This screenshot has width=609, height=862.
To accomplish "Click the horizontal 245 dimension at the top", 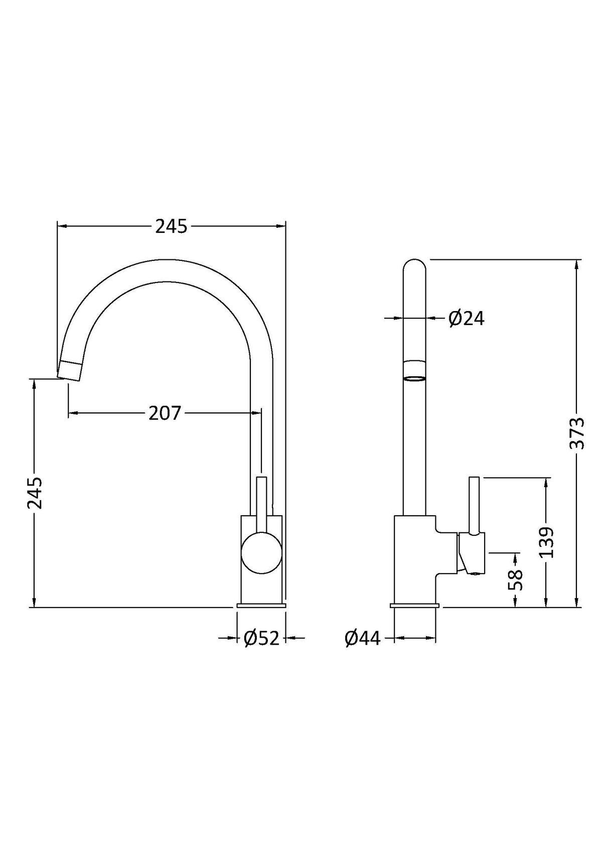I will click(x=171, y=227).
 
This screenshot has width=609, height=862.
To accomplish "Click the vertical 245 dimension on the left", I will click(x=35, y=493).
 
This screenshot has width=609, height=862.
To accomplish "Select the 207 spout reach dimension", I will click(x=165, y=413).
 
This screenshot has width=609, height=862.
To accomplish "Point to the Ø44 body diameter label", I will click(x=363, y=638).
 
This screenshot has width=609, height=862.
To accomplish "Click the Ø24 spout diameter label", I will click(x=466, y=318).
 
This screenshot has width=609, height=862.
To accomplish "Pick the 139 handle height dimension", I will click(x=546, y=542).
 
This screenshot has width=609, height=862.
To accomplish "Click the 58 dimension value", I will click(x=515, y=580).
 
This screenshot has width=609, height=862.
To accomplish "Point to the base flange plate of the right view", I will click(x=415, y=606).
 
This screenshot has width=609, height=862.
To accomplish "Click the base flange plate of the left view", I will click(x=261, y=606).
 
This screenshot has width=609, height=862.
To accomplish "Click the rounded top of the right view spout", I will click(x=414, y=266).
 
